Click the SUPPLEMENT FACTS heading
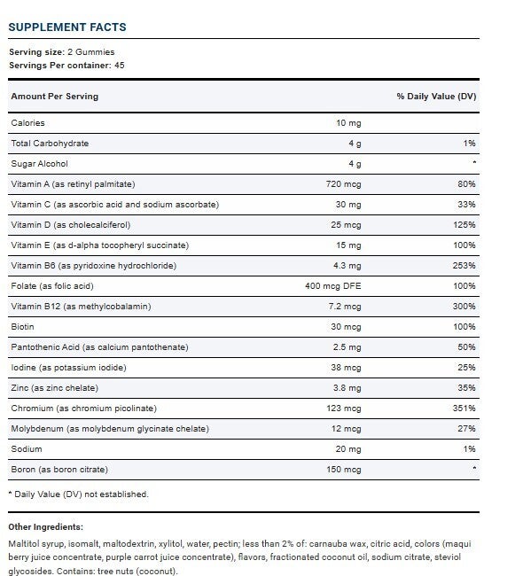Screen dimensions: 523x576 pos(67,27)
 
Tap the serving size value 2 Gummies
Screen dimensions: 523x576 pos(91,52)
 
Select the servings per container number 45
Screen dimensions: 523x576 pos(120,66)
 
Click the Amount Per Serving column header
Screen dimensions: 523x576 pos(55,97)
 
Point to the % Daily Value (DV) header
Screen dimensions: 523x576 pos(436,97)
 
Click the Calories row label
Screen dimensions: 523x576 pos(28,123)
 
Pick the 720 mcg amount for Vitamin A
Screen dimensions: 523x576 pos(344,184)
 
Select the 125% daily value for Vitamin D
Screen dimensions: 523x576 pos(464,225)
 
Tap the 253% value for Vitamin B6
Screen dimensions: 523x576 pos(464,266)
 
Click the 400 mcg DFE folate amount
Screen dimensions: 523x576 pos(333,286)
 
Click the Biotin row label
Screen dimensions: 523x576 pos(22,327)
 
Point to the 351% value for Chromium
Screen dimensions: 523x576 pos(464,409)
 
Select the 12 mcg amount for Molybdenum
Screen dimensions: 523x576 pos(347,429)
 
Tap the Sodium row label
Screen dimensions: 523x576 pos(27,449)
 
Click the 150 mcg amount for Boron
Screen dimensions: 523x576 pos(344,470)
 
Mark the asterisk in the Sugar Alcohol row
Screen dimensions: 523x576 pos(474,162)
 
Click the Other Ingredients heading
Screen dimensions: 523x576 pos(45,527)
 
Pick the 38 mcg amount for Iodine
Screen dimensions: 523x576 pos(347,368)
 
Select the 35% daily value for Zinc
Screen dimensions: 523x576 pos(467,388)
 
